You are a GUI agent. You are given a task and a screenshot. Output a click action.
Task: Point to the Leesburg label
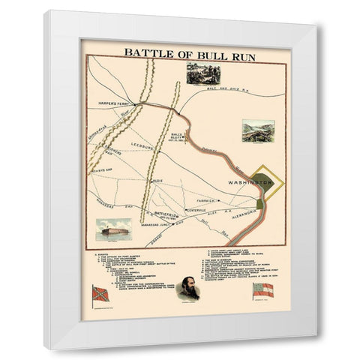139,145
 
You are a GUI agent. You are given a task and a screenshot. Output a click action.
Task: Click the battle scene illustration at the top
202,75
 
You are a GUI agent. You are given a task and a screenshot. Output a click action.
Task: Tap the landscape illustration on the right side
258,131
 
